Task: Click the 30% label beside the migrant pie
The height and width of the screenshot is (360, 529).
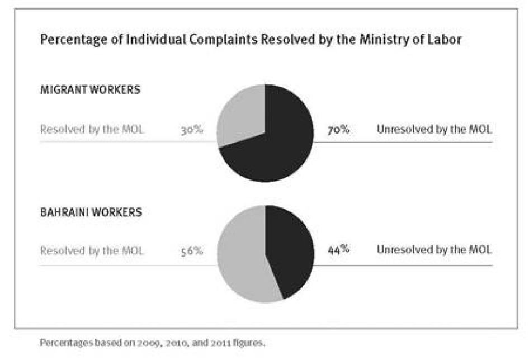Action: click(x=191, y=130)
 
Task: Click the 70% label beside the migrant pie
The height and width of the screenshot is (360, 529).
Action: click(x=339, y=130)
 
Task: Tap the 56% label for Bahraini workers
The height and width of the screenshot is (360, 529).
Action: click(x=191, y=251)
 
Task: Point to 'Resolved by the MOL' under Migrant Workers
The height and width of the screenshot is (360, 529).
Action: click(x=92, y=130)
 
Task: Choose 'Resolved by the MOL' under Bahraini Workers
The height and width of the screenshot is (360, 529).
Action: click(x=92, y=251)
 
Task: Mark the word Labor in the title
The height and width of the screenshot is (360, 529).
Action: click(x=445, y=40)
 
